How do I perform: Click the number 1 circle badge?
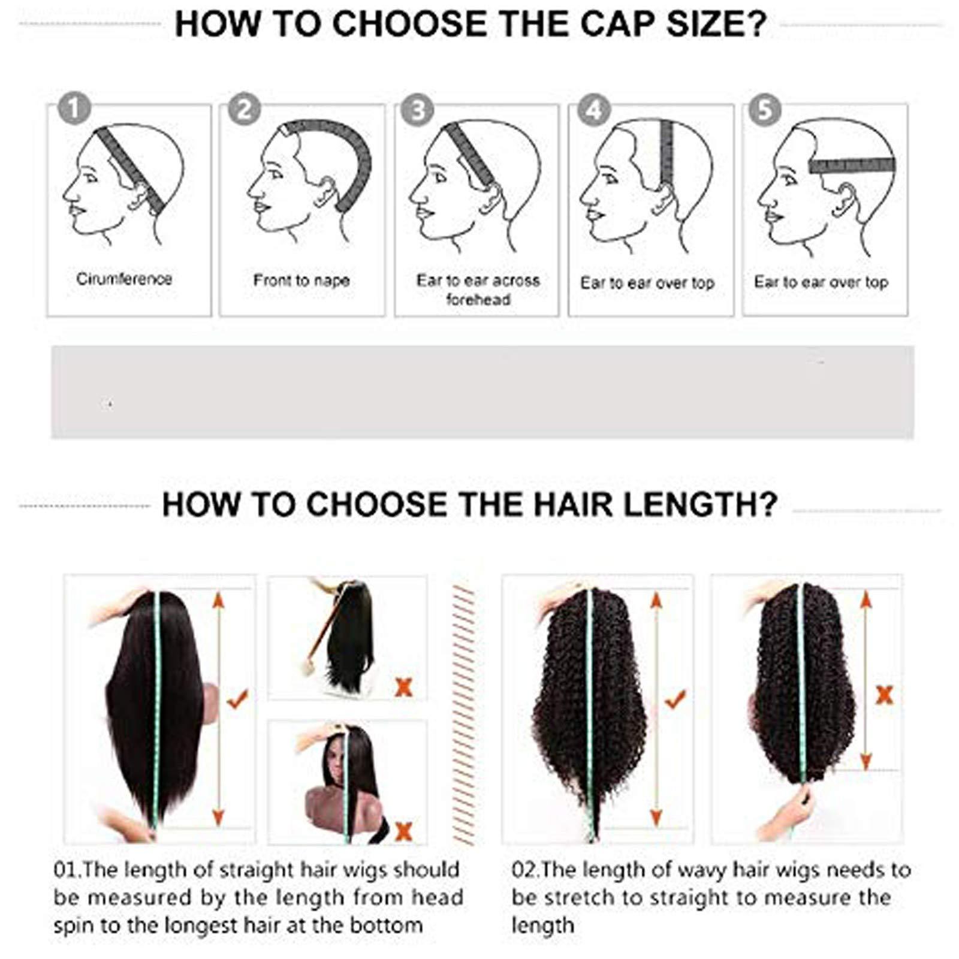(x=74, y=109)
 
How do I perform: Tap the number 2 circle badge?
(x=245, y=109)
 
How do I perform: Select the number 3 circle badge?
(x=418, y=109)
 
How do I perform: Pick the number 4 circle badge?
(x=593, y=109)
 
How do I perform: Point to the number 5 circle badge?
(x=765, y=109)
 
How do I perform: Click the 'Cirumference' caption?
(x=124, y=279)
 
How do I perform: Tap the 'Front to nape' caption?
(x=301, y=281)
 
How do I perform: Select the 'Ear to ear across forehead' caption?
(x=478, y=289)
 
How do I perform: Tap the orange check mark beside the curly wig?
(x=675, y=698)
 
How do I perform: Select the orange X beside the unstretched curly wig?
(x=885, y=695)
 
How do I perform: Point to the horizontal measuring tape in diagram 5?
(x=852, y=165)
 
